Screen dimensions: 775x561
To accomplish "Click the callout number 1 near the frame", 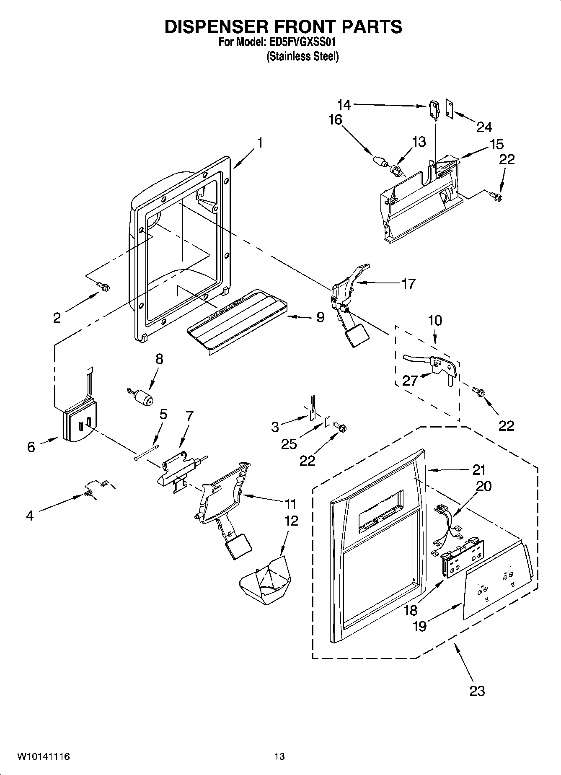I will click(x=260, y=143).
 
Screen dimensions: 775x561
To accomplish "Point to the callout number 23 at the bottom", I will click(x=477, y=690).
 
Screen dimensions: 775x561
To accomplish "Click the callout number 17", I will click(x=408, y=284).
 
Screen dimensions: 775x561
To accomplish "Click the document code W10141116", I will click(x=43, y=757).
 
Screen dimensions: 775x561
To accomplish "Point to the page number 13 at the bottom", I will click(x=279, y=757).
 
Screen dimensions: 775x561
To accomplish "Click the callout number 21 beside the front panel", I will click(x=478, y=470).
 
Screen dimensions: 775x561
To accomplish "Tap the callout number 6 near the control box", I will click(x=31, y=447).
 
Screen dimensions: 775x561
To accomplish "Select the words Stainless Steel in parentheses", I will click(x=302, y=57).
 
